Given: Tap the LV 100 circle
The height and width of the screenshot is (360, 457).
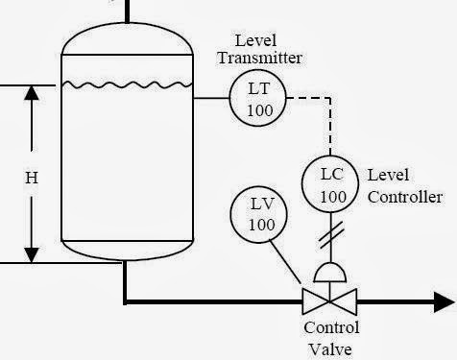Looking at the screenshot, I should pyautogui.click(x=261, y=215).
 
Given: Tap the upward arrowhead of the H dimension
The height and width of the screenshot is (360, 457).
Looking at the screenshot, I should pyautogui.click(x=32, y=94).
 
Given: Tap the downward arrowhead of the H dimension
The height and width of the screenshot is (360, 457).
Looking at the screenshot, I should pyautogui.click(x=32, y=253).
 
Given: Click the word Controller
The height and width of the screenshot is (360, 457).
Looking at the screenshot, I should pyautogui.click(x=405, y=197).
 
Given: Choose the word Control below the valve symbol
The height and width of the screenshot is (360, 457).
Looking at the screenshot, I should pyautogui.click(x=331, y=327).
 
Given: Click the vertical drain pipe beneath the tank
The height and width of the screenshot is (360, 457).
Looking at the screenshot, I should pyautogui.click(x=125, y=280).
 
